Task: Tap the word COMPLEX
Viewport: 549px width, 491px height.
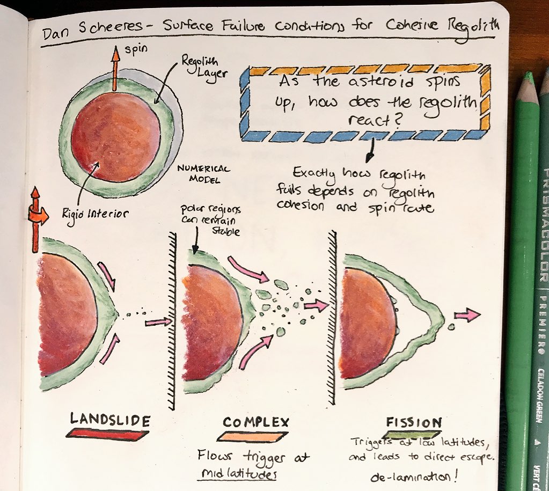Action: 256,422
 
